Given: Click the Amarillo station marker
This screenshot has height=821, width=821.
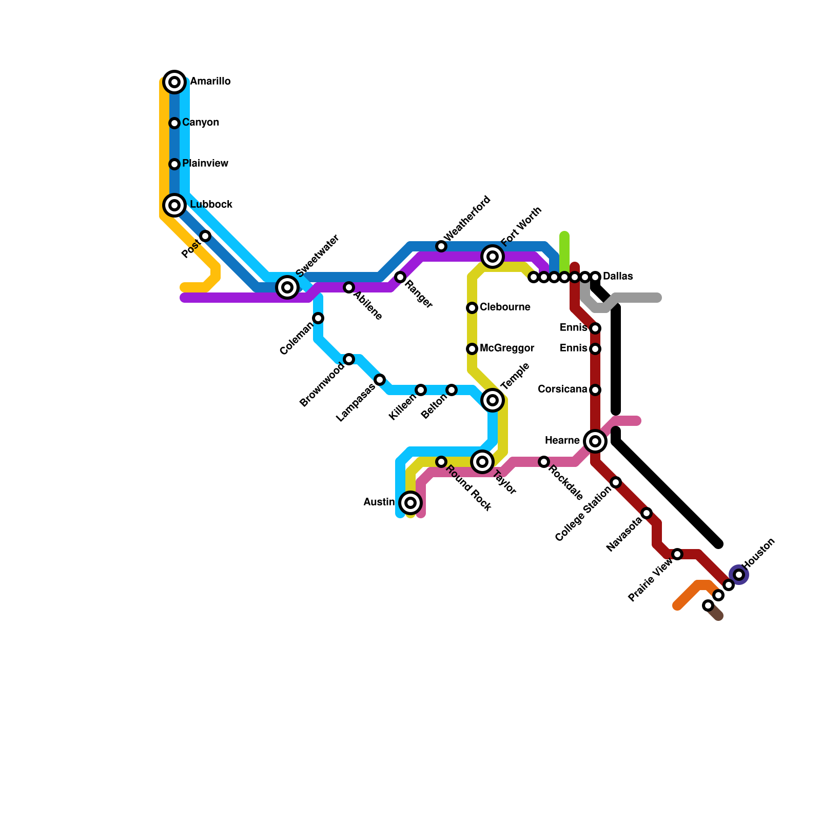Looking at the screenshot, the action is click(174, 82).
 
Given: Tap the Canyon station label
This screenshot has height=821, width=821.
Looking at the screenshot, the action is click(201, 123).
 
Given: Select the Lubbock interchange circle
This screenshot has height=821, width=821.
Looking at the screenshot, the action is click(174, 205).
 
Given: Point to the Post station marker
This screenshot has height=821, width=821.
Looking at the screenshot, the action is click(205, 236).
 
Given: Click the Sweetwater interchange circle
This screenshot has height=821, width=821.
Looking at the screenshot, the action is click(287, 287).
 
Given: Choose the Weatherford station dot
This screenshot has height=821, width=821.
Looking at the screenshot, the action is click(441, 246).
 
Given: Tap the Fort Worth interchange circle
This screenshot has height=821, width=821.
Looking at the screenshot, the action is click(493, 257).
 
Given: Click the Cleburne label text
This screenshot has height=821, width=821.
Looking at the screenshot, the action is click(505, 307).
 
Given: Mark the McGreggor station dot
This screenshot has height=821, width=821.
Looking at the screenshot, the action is click(472, 349).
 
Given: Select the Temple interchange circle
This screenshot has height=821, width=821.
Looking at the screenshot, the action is click(493, 400).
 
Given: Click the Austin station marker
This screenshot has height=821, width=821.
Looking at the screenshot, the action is click(411, 503).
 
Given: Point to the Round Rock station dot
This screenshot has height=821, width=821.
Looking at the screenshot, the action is click(441, 462).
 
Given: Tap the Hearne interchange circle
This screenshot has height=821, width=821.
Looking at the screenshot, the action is click(595, 441).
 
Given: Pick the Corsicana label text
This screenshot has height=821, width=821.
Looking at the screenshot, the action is click(562, 389).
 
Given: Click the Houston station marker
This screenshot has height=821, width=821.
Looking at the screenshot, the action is click(739, 575).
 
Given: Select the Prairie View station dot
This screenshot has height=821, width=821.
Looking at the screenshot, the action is click(677, 554).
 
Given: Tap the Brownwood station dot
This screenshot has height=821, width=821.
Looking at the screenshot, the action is click(349, 359).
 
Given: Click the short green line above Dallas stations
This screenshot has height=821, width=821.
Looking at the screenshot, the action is click(564, 251).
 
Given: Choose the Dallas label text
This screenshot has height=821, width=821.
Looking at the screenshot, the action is click(618, 277).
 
